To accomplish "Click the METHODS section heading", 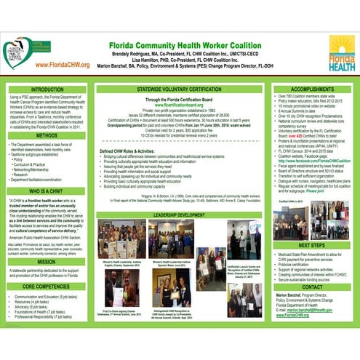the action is [47, 135].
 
